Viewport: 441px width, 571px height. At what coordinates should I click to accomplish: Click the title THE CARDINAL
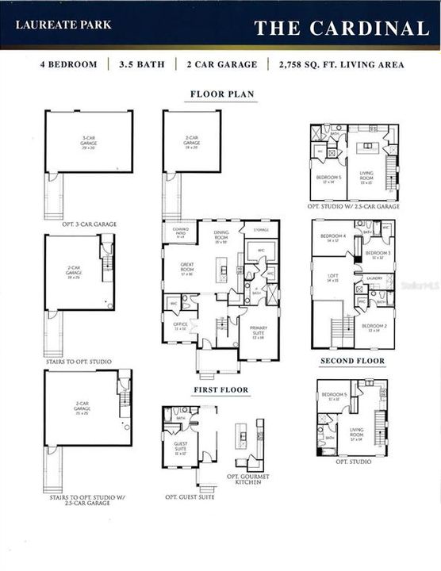tap(341, 29)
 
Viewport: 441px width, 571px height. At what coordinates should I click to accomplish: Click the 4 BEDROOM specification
tap(69, 64)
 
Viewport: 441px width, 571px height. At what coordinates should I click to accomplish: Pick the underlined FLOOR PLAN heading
tap(222, 94)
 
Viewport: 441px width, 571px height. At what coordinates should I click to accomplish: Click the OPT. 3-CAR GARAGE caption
tap(89, 224)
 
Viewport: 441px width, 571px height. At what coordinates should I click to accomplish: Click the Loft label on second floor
tap(332, 278)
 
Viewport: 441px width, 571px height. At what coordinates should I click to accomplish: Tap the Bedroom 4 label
tap(332, 237)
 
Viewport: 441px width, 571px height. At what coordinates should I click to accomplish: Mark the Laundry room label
tap(375, 278)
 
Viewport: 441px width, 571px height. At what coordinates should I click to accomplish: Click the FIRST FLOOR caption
tap(221, 390)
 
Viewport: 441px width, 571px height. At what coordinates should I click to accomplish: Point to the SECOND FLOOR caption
tap(352, 361)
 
